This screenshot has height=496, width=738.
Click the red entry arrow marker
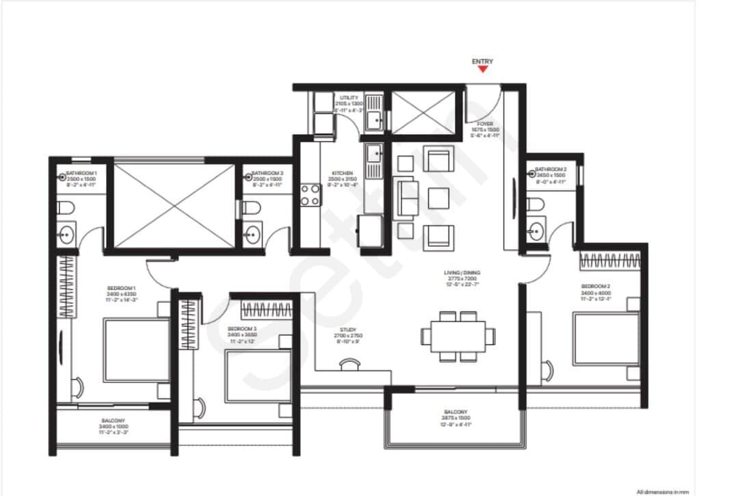click(482, 69)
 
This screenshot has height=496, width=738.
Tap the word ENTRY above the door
click(482, 62)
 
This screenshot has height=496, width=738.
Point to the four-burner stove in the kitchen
click(311, 194)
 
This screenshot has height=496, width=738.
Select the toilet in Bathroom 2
click(537, 204)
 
